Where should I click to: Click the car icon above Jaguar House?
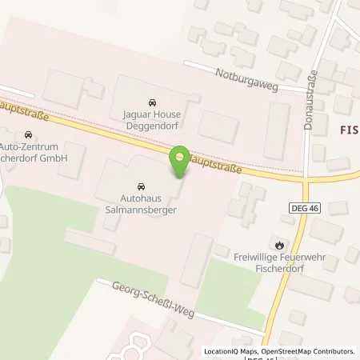[151, 102]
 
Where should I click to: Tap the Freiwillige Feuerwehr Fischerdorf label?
[278, 262]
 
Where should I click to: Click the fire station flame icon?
[278, 245]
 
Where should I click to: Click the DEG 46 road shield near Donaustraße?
[298, 207]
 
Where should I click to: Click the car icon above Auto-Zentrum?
[30, 134]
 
